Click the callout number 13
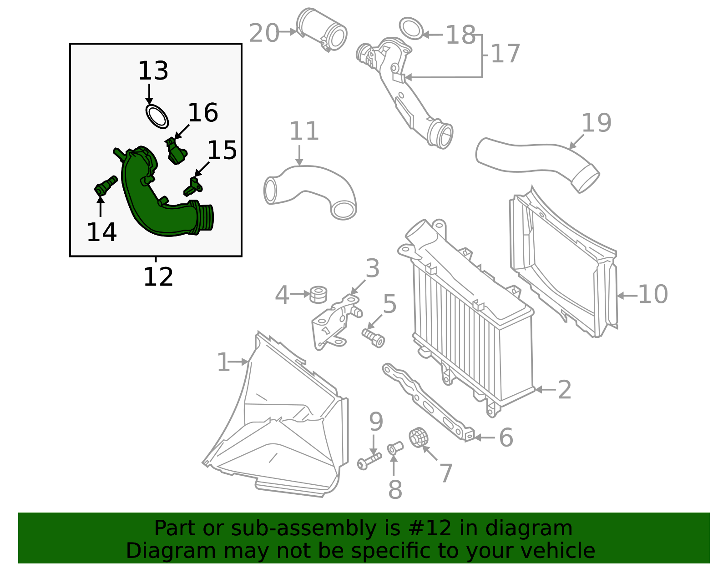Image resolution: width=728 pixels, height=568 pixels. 153,71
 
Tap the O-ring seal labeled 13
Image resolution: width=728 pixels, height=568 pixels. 157,116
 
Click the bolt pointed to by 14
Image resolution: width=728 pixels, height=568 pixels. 104,186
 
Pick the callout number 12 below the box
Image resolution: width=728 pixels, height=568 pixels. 158,277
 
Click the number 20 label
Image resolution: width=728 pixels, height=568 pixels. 264,34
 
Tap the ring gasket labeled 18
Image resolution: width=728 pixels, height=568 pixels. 411,29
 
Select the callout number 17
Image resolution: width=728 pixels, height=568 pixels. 505,54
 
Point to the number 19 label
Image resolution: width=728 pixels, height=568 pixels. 596,123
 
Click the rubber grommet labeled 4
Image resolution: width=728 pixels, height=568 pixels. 318,294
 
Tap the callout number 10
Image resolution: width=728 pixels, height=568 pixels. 653,295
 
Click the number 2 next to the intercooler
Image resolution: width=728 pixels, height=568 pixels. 564,390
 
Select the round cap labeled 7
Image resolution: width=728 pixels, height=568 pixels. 420,437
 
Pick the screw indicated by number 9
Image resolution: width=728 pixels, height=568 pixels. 369,461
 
